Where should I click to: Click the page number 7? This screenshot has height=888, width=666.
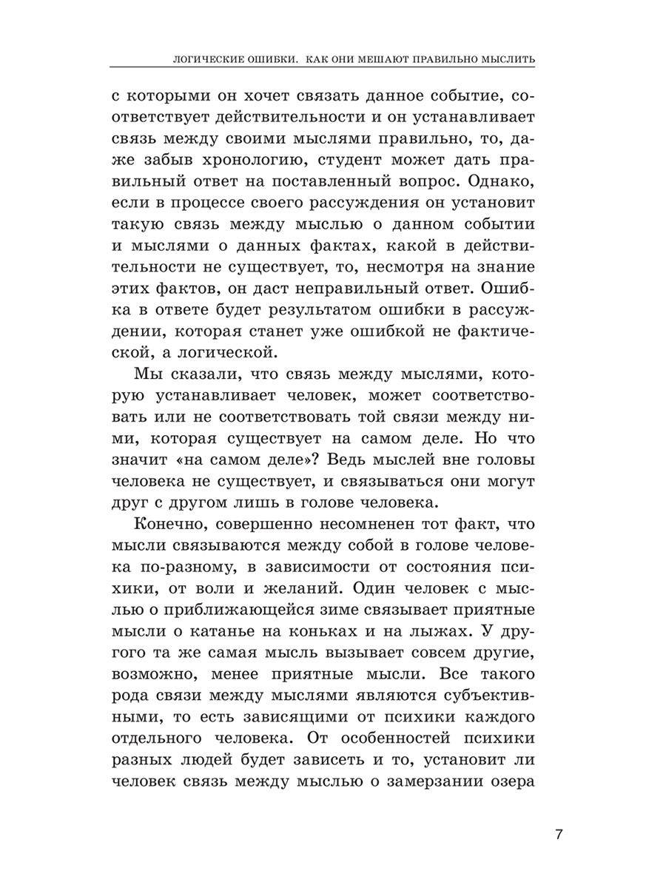[x=559, y=835]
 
